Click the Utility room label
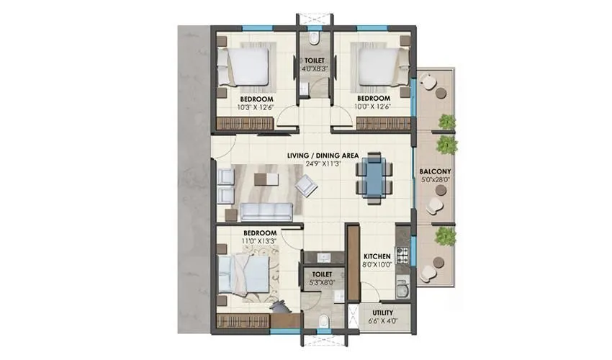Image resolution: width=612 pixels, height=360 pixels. (382, 312)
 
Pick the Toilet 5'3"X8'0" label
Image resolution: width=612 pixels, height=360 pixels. (322, 274)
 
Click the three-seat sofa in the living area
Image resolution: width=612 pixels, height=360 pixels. (266, 211)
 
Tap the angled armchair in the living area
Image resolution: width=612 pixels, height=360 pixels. (307, 187)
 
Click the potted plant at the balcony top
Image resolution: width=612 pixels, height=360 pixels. (446, 120)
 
